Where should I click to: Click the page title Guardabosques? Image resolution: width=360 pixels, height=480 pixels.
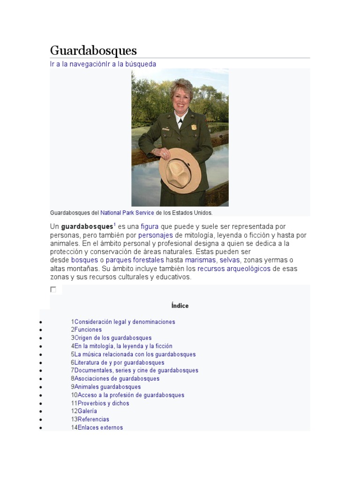(x=93, y=51)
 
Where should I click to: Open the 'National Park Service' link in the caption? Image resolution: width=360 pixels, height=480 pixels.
(x=127, y=213)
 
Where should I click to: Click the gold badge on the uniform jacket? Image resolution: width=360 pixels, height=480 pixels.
(x=194, y=127)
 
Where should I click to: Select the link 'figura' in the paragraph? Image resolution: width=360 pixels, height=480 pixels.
(x=150, y=227)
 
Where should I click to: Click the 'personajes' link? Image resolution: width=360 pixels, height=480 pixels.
(x=156, y=235)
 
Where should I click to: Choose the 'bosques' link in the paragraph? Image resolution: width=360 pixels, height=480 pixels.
(x=84, y=260)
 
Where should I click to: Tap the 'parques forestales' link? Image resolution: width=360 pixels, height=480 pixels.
(x=135, y=260)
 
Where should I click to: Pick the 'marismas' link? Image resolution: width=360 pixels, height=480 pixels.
(x=201, y=260)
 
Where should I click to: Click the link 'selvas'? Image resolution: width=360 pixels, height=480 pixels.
(x=230, y=260)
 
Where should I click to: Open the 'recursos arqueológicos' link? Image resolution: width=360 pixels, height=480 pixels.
(x=234, y=269)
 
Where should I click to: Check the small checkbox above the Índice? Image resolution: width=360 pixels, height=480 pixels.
(x=53, y=290)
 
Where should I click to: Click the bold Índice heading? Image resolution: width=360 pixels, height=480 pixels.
(x=180, y=306)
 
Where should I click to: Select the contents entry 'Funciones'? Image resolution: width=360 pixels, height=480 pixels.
(x=88, y=330)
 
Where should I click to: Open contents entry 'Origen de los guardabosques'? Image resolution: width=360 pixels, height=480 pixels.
(x=113, y=338)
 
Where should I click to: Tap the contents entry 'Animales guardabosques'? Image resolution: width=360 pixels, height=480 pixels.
(x=107, y=387)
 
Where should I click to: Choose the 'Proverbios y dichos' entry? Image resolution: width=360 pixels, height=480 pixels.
(x=103, y=403)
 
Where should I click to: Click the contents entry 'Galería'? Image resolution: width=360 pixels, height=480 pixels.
(x=87, y=411)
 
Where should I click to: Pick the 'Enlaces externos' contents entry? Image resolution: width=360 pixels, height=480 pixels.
(x=100, y=427)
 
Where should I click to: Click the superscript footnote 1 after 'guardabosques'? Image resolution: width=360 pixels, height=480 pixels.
(x=115, y=224)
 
